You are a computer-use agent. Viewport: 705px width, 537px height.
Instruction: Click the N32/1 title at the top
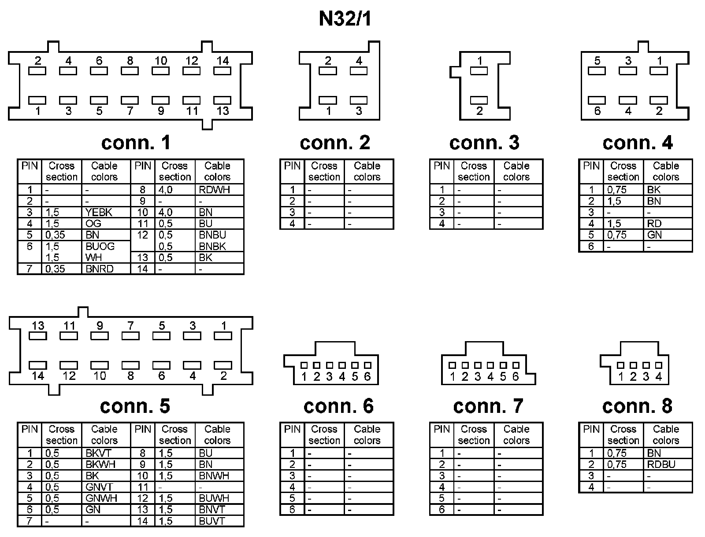[345, 19]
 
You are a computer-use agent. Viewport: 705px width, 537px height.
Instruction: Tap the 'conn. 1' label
[136, 143]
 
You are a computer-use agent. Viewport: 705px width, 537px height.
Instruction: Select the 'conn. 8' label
[637, 406]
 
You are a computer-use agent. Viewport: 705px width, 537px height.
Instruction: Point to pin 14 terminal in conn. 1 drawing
[223, 70]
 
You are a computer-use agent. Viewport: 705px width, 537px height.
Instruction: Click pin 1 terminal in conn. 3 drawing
[479, 70]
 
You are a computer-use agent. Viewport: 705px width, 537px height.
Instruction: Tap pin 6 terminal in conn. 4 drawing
[597, 101]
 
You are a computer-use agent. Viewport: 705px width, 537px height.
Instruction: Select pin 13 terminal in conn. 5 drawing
[38, 336]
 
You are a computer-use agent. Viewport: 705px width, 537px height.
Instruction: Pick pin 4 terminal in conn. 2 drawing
[359, 70]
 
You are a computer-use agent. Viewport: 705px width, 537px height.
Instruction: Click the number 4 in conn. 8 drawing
[659, 377]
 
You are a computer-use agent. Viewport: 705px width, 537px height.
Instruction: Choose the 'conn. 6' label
[338, 406]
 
